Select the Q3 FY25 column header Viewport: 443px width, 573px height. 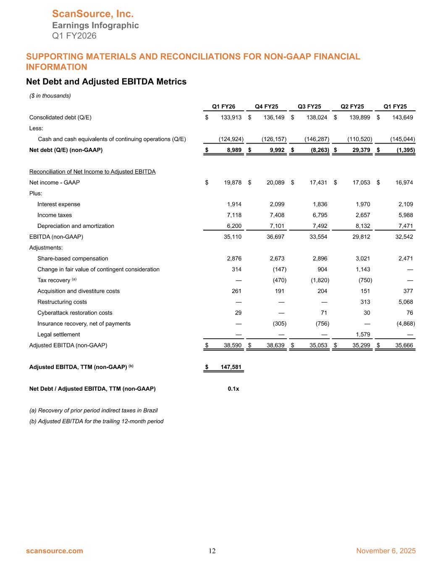click(309, 107)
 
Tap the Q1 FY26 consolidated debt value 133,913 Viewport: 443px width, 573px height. click(231, 118)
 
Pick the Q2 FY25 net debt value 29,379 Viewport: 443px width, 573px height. click(359, 150)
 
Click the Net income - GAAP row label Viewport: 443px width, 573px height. click(55, 183)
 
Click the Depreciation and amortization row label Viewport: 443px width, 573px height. click(76, 226)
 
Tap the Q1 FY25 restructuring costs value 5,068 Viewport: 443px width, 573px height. click(405, 302)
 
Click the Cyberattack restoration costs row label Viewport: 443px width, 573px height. click(75, 313)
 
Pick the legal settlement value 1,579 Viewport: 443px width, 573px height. click(362, 335)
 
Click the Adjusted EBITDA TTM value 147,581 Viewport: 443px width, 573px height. click(231, 367)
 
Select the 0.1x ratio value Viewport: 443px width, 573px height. click(233, 389)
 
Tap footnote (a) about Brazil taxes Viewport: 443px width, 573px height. click(93, 410)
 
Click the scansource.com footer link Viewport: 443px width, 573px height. click(55, 551)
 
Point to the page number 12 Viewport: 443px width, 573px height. click(212, 551)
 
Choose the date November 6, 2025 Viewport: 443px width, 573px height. click(386, 551)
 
